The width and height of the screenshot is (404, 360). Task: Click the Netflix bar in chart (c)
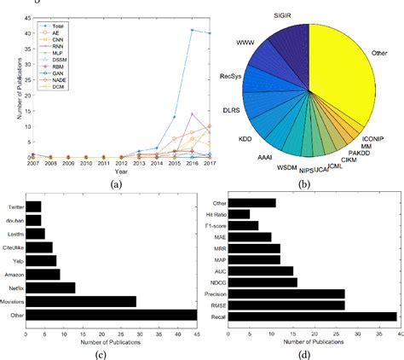(50, 287)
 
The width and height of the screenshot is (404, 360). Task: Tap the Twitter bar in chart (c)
(33, 206)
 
